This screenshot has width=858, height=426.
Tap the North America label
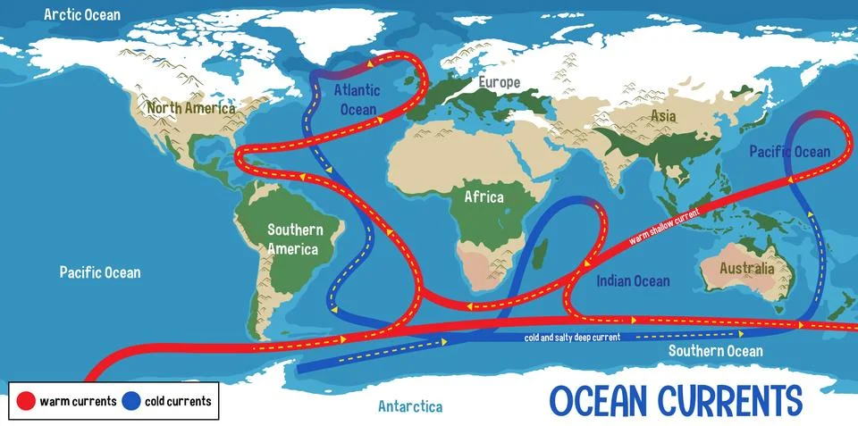[191, 109]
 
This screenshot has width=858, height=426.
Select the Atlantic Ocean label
[357, 98]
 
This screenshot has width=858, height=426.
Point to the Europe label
[499, 82]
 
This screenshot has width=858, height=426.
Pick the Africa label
[484, 196]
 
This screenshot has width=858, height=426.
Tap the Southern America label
[296, 238]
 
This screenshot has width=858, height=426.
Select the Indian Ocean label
[633, 281]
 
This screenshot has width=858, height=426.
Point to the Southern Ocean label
[716, 351]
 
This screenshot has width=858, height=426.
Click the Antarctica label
[410, 406]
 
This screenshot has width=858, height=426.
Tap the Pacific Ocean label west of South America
[100, 271]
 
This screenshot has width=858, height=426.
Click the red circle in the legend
[25, 401]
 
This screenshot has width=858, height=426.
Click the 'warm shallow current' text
[663, 222]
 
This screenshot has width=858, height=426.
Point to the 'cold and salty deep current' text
[572, 338]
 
